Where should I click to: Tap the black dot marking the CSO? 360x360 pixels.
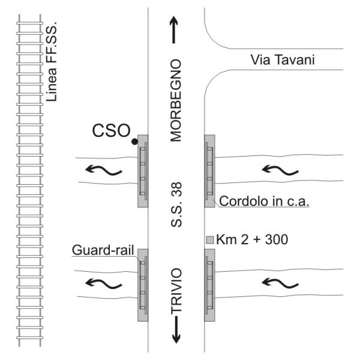(135, 142)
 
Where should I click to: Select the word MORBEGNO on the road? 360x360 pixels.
(175, 100)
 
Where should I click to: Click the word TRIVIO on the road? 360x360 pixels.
(176, 292)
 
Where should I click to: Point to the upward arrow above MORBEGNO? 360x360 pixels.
(175, 30)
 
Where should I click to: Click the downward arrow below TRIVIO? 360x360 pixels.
(176, 332)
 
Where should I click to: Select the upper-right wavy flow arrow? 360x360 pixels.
(280, 169)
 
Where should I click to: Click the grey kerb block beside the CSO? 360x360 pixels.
(143, 171)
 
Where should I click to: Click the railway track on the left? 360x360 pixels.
(29, 180)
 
